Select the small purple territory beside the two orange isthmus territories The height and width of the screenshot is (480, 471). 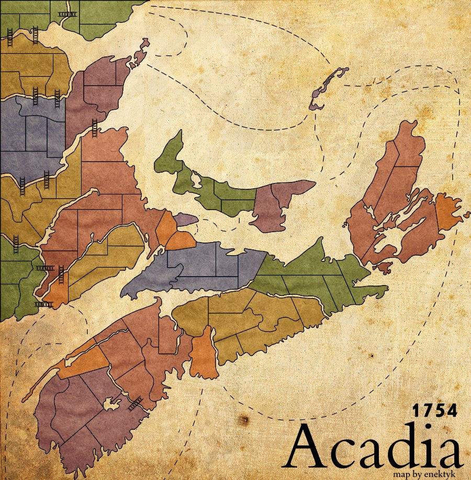tap(186, 219)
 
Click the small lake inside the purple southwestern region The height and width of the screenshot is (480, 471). tap(111, 404)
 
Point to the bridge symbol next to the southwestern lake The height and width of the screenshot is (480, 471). tap(136, 402)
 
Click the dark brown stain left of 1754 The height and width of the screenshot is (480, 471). tap(242, 420)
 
